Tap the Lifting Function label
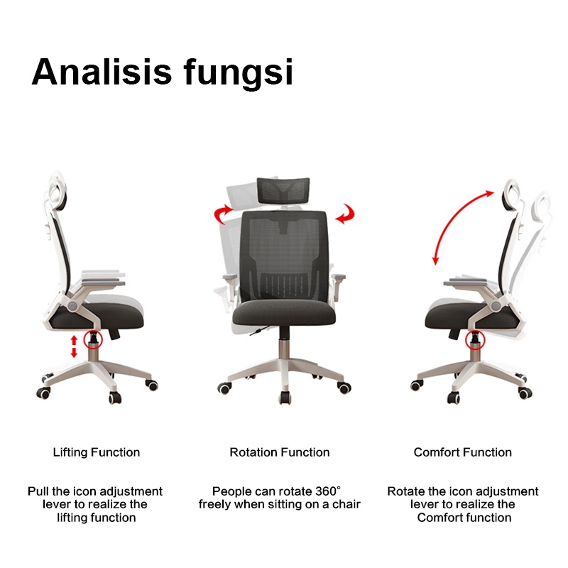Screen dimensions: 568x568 click(x=97, y=452)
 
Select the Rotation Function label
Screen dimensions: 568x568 click(x=280, y=452)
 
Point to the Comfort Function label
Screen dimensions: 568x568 click(x=463, y=452)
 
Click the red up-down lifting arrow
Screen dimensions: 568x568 click(x=72, y=347)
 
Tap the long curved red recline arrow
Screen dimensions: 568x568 click(x=454, y=224)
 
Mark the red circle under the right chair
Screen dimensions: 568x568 click(x=472, y=343)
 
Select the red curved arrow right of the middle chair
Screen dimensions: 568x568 click(x=346, y=213)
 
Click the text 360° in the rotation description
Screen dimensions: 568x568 click(x=327, y=491)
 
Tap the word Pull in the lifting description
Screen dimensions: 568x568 click(x=40, y=491)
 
